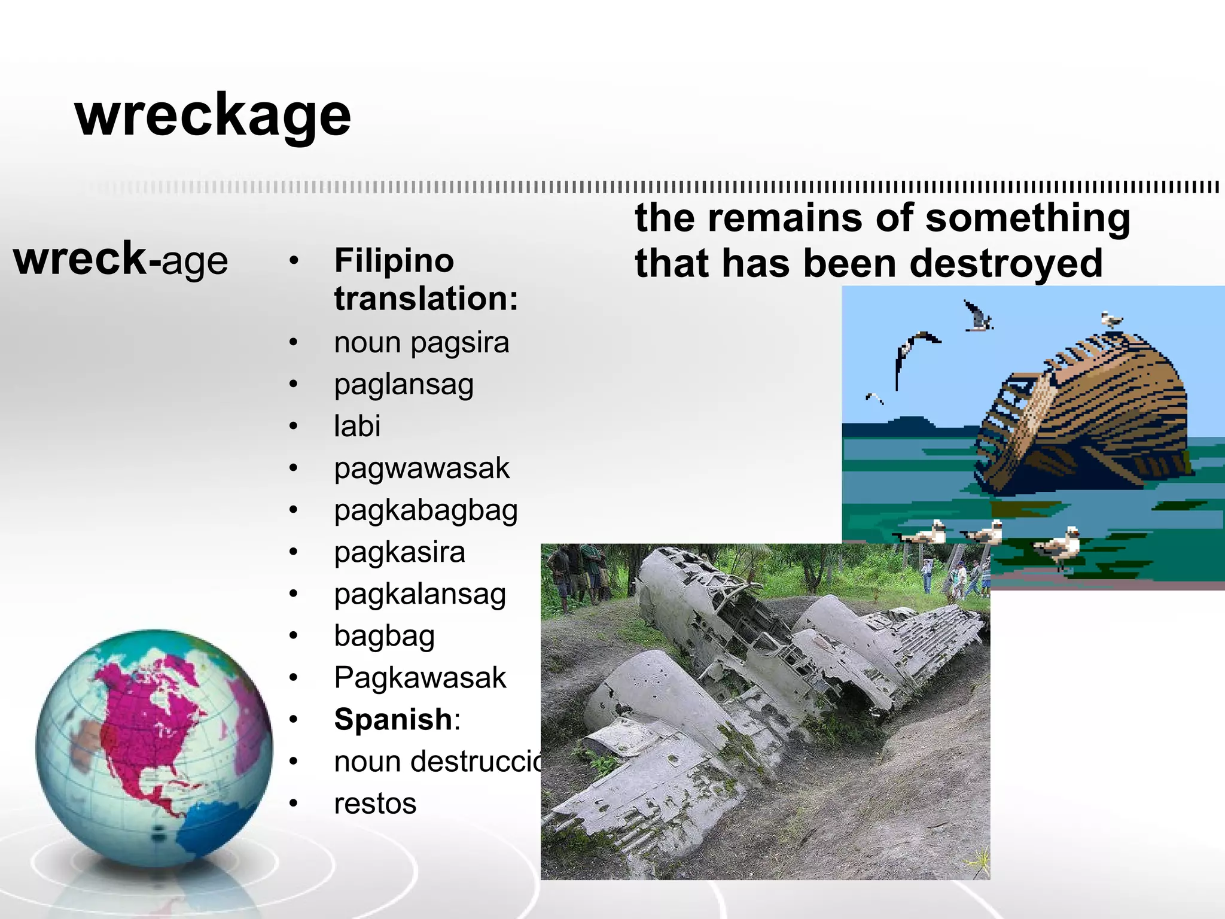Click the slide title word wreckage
pos(213,115)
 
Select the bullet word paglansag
pos(404,385)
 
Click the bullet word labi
pos(357,426)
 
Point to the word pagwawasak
pos(422,468)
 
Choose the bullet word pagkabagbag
pos(426,510)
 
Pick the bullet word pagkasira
pos(400,552)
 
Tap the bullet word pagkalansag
pos(420,594)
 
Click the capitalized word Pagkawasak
pos(420,678)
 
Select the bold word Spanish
pos(393,719)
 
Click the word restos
pos(375,804)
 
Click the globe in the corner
pos(154,748)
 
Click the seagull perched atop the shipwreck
pos(1111,319)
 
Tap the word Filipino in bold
pos(394,261)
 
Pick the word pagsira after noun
pos(459,343)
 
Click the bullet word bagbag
pos(384,636)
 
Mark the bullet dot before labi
pos(293,426)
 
